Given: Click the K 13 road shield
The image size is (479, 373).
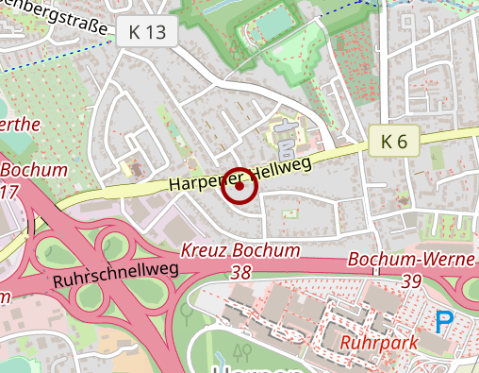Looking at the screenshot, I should pos(147,32).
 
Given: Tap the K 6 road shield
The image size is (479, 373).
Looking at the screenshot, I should pos(394,142).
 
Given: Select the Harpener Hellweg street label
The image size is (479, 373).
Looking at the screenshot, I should pos(241,171).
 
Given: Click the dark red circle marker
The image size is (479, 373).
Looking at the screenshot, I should pos(239,186).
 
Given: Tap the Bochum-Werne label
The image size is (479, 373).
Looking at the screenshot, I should pos(410,260).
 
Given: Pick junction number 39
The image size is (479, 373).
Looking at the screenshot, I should pos(411,280).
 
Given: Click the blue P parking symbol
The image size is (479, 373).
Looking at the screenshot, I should pos(443,323).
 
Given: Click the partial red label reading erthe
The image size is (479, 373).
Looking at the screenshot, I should pos(21,125).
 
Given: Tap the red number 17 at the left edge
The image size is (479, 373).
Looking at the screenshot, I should pos(9,192).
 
